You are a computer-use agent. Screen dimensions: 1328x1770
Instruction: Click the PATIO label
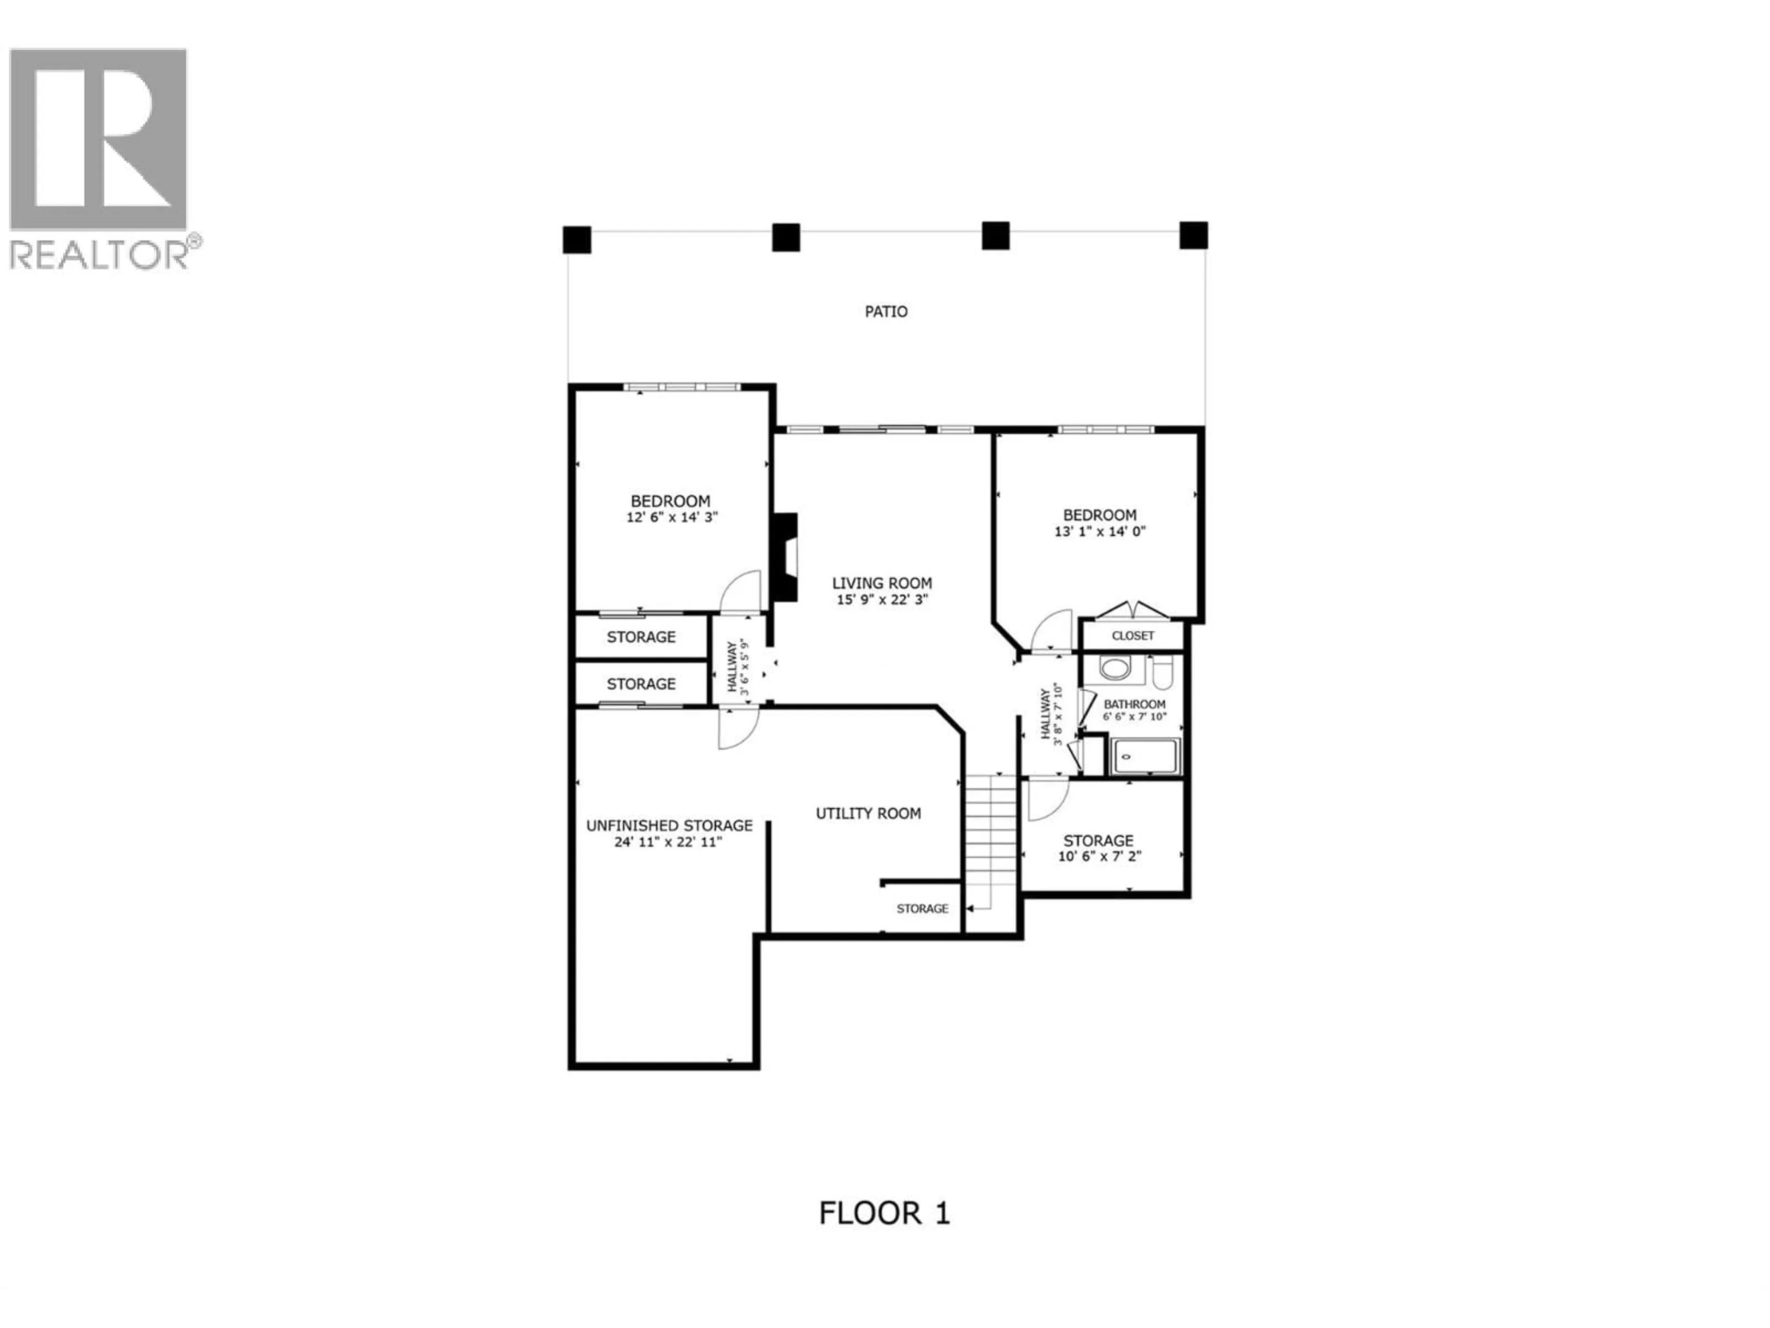[886, 311]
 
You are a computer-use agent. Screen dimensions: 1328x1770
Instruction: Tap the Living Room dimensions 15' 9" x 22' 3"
[882, 599]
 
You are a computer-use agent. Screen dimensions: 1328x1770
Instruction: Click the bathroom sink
[1113, 668]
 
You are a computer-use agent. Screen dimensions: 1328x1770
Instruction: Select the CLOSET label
[1132, 635]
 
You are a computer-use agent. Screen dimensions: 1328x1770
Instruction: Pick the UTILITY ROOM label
[868, 813]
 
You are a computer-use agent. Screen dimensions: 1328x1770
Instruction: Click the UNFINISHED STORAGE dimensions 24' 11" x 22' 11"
[668, 842]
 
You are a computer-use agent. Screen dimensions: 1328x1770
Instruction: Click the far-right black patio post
[1193, 235]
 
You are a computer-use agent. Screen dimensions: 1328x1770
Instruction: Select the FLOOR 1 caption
[884, 1213]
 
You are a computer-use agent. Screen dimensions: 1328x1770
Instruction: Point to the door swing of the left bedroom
[740, 593]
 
